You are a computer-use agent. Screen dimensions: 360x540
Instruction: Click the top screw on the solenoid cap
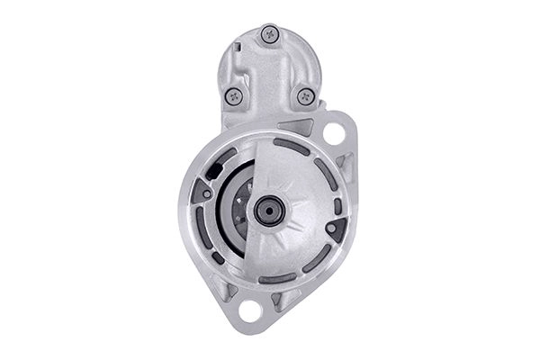click(269, 34)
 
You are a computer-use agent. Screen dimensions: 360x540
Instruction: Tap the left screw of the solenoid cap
click(234, 94)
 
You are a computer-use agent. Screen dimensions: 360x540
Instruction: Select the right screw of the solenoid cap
click(305, 94)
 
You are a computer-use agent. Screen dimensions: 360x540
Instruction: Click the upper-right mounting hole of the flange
click(334, 134)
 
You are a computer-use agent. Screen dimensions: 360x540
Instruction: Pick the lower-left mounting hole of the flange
click(250, 310)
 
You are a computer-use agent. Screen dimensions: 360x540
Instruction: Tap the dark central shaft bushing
click(268, 211)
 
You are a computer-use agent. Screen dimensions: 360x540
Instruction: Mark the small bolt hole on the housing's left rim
click(207, 193)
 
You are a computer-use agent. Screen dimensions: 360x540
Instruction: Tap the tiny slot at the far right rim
click(338, 206)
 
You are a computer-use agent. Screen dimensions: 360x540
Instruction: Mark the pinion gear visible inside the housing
click(238, 211)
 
